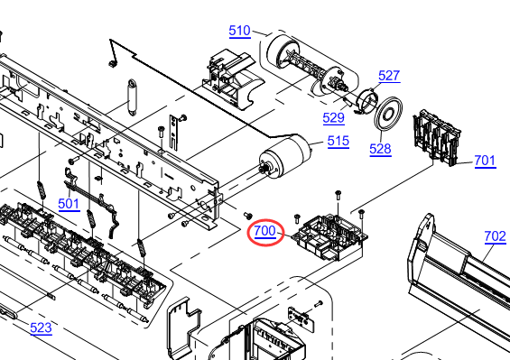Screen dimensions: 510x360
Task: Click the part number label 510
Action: [x=240, y=31]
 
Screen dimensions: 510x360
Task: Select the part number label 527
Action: [x=389, y=76]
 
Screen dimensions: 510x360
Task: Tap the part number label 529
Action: [x=333, y=117]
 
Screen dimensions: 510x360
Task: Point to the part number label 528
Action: [x=380, y=149]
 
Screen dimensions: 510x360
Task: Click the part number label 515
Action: [x=338, y=141]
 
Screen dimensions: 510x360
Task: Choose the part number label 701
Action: [x=485, y=161]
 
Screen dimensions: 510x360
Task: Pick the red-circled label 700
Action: [x=265, y=231]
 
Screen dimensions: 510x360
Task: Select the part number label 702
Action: [x=495, y=236]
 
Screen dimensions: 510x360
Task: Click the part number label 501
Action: [x=69, y=204]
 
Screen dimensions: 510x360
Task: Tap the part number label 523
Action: [x=41, y=328]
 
